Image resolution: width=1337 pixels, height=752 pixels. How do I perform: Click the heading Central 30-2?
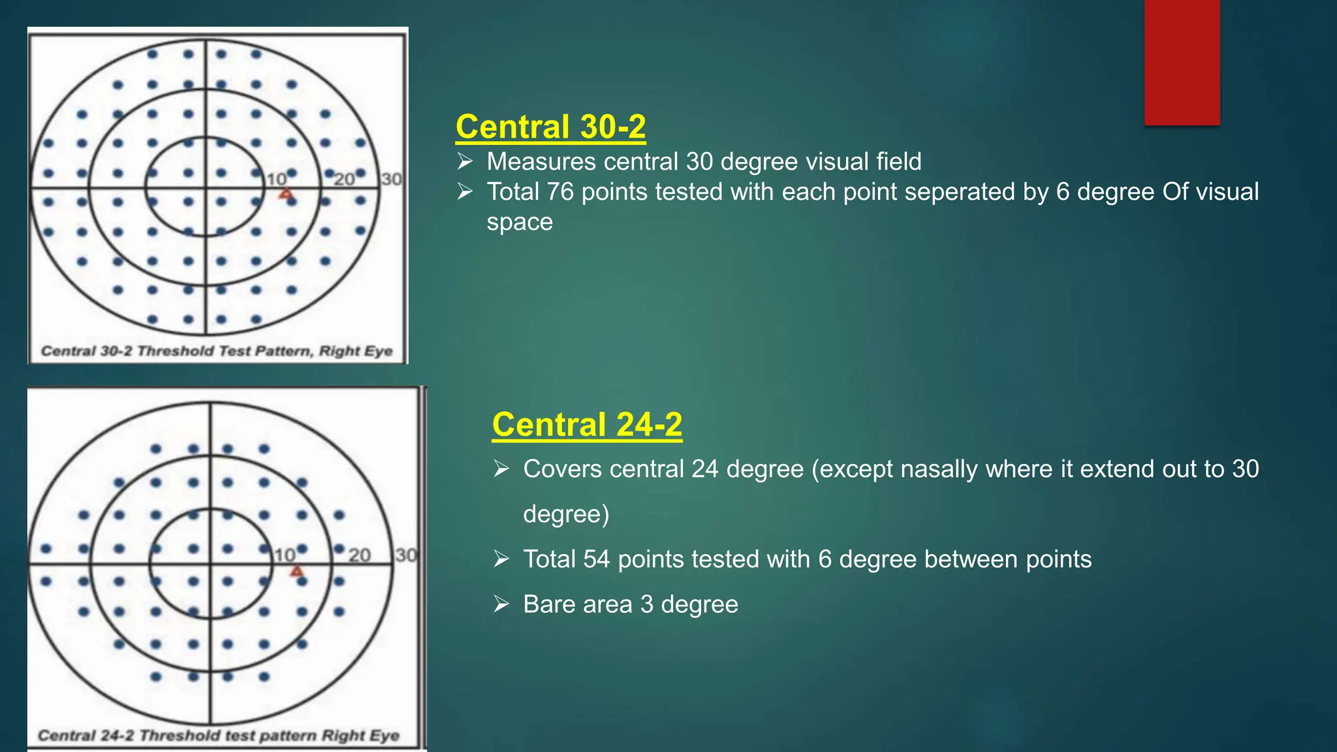click(x=550, y=127)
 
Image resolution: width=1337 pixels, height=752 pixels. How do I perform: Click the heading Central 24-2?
click(x=587, y=424)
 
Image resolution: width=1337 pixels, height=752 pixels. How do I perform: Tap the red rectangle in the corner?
click(x=1182, y=62)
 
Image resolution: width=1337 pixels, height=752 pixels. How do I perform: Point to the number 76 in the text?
click(x=560, y=192)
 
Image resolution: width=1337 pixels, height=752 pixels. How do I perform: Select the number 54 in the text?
click(x=597, y=559)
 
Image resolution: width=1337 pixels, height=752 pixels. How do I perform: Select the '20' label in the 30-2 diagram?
click(x=344, y=179)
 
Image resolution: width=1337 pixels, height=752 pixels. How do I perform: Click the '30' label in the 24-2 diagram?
click(x=405, y=555)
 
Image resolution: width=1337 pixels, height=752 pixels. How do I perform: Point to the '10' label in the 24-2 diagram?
click(x=285, y=555)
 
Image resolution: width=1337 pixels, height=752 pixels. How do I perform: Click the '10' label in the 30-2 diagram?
click(x=276, y=179)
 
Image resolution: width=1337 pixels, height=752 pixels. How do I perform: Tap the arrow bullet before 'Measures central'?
click(x=465, y=161)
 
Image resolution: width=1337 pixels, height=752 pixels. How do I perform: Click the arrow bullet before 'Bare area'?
click(x=501, y=604)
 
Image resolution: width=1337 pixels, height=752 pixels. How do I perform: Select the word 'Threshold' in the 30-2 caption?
click(x=176, y=351)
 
